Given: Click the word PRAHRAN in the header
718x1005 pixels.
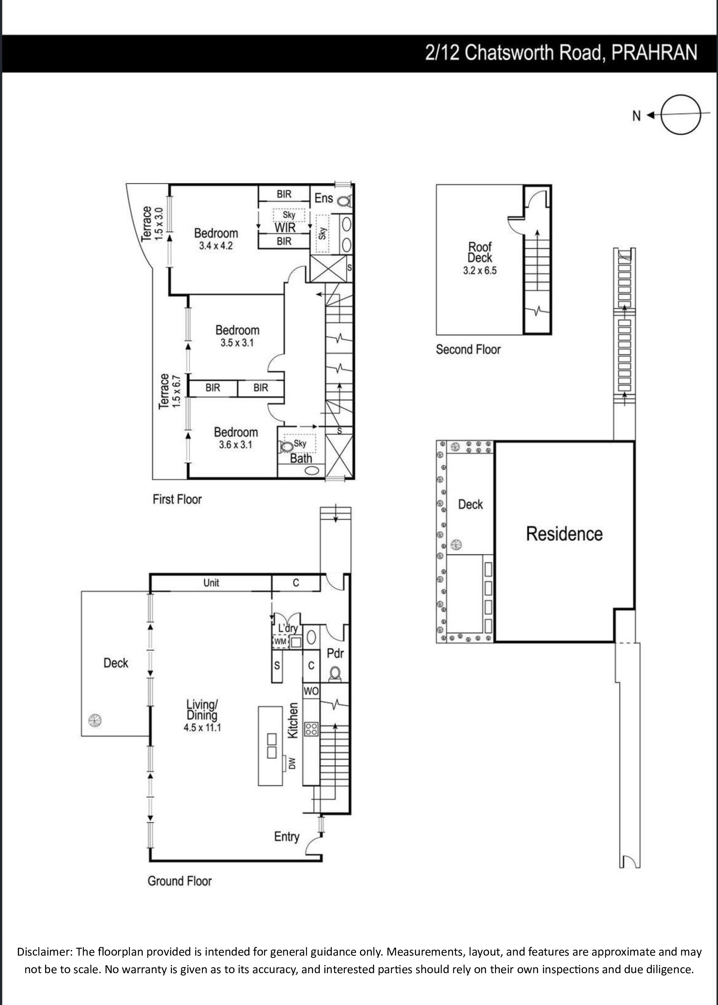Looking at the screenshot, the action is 654,53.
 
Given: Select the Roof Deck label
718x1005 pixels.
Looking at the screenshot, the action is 480,252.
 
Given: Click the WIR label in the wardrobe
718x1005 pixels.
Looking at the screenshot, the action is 285,228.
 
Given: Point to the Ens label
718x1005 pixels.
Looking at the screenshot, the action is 324,198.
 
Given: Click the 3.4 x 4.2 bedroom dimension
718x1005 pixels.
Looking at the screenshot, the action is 216,246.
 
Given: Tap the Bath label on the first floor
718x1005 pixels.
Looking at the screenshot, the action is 301,458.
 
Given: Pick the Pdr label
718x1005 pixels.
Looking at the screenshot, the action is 335,653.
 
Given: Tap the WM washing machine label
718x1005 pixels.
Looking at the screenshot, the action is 281,641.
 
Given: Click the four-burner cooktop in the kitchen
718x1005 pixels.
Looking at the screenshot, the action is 311,729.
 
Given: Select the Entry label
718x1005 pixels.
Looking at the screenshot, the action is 286,837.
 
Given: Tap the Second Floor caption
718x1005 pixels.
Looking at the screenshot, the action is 468,349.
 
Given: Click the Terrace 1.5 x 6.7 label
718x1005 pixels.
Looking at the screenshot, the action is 170,391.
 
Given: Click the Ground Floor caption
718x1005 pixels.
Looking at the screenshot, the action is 180,881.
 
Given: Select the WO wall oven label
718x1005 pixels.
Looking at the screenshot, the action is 311,691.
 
